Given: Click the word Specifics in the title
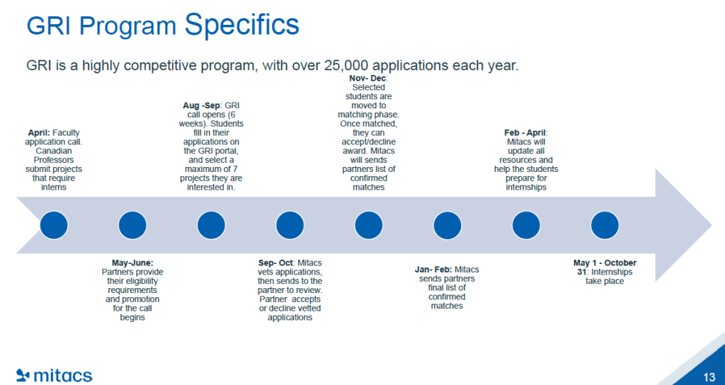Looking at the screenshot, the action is (241, 25).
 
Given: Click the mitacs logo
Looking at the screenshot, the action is (54, 375).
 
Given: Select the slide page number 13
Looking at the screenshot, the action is (709, 377).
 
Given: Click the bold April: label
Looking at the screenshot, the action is (39, 133).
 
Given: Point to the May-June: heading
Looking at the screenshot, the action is (132, 263).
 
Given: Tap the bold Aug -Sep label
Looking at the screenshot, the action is (202, 106).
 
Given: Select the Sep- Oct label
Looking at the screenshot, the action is (275, 263).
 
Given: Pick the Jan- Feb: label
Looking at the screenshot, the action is (433, 270).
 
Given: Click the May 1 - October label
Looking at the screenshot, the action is (605, 263).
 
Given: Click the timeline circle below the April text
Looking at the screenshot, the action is (54, 225).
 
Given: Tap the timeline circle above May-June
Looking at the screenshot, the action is (132, 225).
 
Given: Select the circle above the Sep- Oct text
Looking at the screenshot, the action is (290, 225).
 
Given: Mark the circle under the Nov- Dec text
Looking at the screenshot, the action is (368, 225).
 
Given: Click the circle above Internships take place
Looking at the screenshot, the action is (605, 225).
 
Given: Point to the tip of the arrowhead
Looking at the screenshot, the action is (712, 225).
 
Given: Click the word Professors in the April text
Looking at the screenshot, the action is (54, 160).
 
